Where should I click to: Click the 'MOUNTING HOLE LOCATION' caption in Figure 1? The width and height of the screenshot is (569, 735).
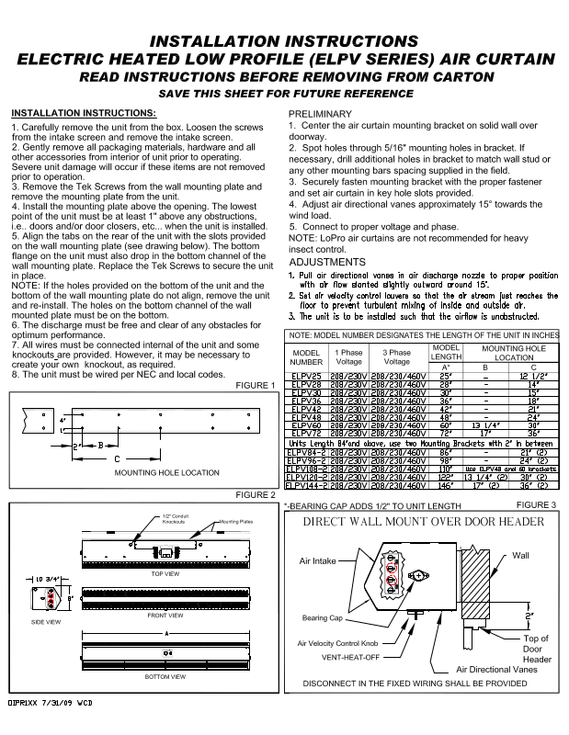point(166,472)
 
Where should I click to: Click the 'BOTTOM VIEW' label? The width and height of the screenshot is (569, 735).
point(166,676)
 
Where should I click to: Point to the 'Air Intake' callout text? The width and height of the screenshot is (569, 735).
point(319,559)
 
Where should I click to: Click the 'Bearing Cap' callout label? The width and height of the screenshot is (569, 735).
point(322,618)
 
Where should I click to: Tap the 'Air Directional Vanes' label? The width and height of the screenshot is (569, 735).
point(496,670)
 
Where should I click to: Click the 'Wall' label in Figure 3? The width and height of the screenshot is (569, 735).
point(520,556)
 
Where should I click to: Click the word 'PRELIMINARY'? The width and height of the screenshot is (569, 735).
point(320,113)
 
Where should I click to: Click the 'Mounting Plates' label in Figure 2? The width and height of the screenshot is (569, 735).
point(236,523)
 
